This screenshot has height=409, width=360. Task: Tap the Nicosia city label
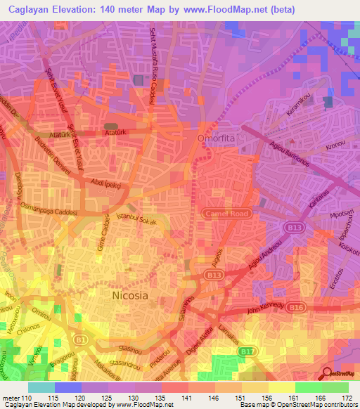coord(130,296)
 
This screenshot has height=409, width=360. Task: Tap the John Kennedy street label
coord(265,306)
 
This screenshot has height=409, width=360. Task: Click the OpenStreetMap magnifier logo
coord(328,374)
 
